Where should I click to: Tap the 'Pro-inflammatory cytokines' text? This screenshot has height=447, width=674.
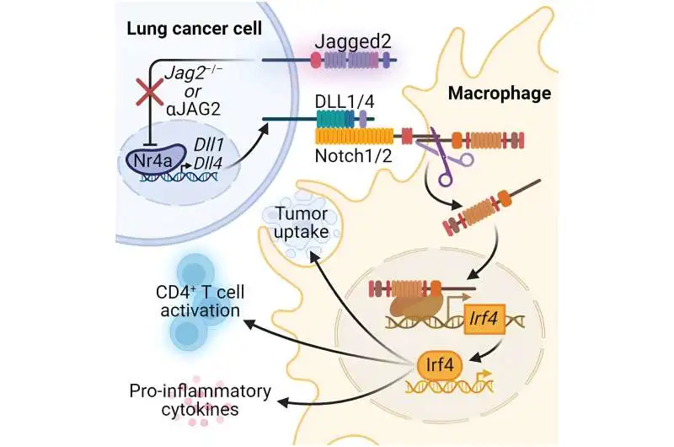coord(200,401)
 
